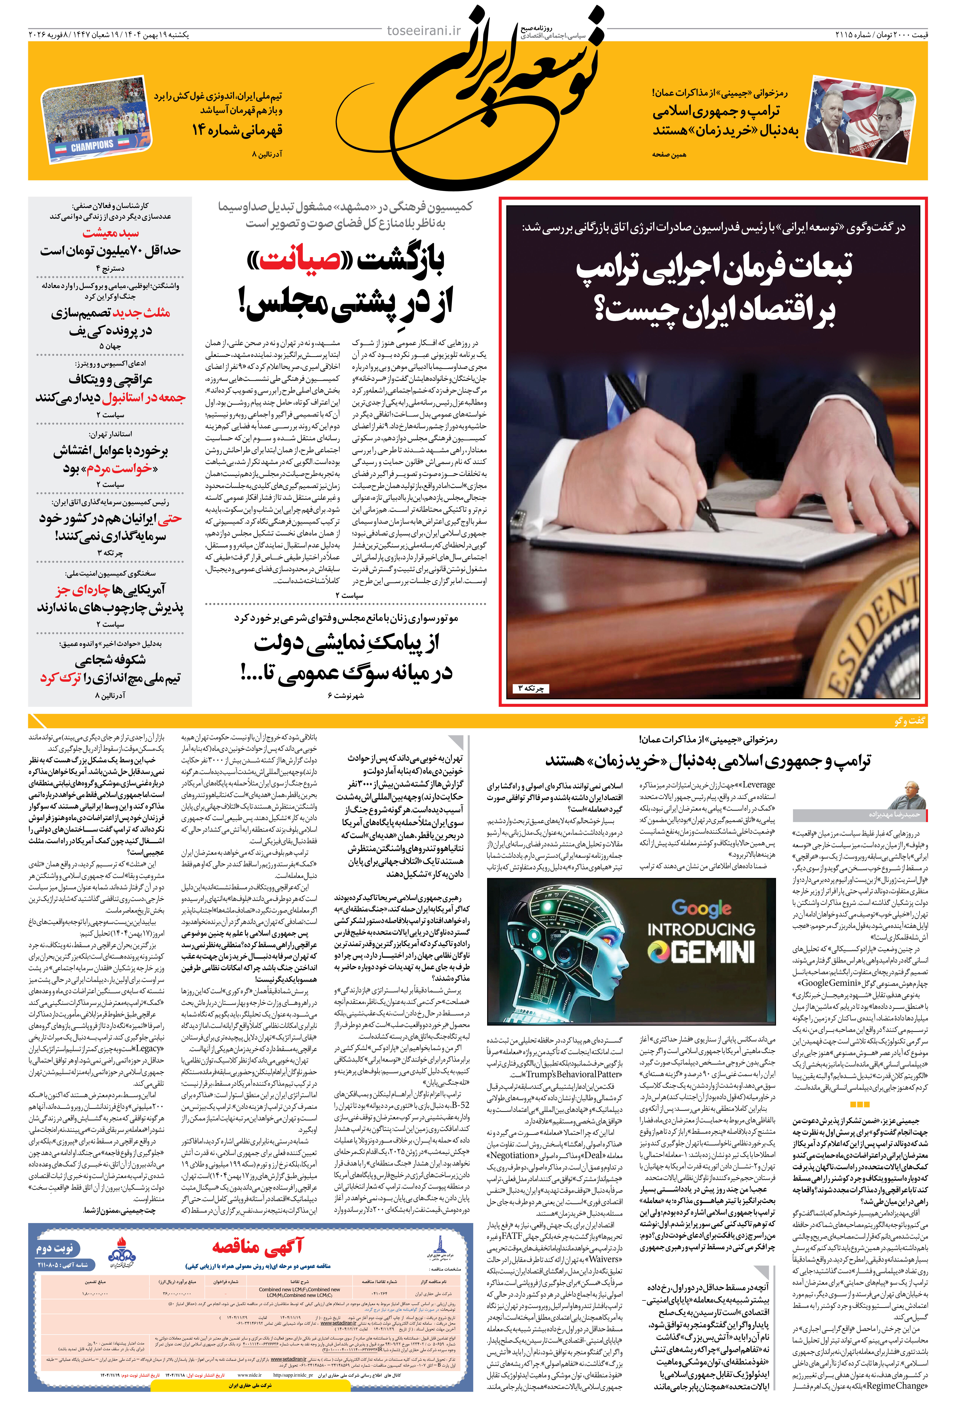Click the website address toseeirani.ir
click(424, 31)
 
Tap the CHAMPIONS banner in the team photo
click(91, 146)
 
